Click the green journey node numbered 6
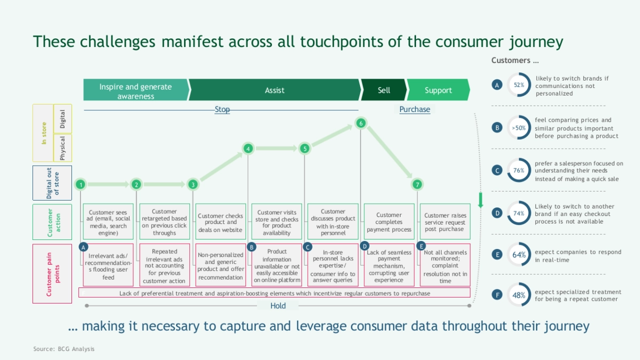pyautogui.click(x=361, y=124)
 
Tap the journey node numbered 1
pyautogui.click(x=81, y=185)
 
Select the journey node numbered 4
pyautogui.click(x=248, y=149)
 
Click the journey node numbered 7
pyautogui.click(x=417, y=185)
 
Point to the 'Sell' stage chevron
pyautogui.click(x=383, y=90)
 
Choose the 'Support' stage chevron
pyautogui.click(x=438, y=90)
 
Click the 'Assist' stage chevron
pyautogui.click(x=275, y=90)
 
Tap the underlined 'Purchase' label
pyautogui.click(x=414, y=109)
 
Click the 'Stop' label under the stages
pyautogui.click(x=222, y=109)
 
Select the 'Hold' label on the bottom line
pyautogui.click(x=278, y=306)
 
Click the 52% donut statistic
pyautogui.click(x=519, y=85)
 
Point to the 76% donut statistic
pyautogui.click(x=519, y=171)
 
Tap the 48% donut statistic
pyautogui.click(x=519, y=294)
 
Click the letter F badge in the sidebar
pyautogui.click(x=497, y=294)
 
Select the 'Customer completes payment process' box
pyautogui.click(x=389, y=222)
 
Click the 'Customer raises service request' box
pyautogui.click(x=445, y=222)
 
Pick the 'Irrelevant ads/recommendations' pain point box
pyautogui.click(x=108, y=265)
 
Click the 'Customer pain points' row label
pyautogui.click(x=52, y=274)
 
